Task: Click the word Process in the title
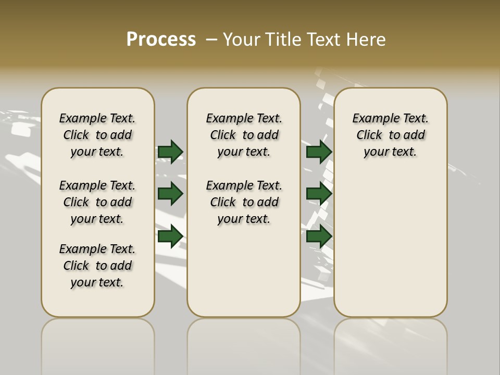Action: (161, 40)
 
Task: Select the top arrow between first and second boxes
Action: (170, 152)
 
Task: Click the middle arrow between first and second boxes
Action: (170, 194)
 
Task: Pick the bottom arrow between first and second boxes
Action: (170, 236)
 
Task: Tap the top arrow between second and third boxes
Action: (319, 152)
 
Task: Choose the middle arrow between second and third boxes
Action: (319, 194)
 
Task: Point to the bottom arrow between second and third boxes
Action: (319, 236)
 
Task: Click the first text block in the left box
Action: (97, 135)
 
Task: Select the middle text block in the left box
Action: (97, 202)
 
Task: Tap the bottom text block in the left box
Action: (97, 266)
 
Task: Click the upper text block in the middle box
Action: (244, 135)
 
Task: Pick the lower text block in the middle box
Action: (244, 202)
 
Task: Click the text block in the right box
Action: (391, 135)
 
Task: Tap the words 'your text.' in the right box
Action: (391, 152)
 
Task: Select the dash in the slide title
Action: (212, 40)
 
